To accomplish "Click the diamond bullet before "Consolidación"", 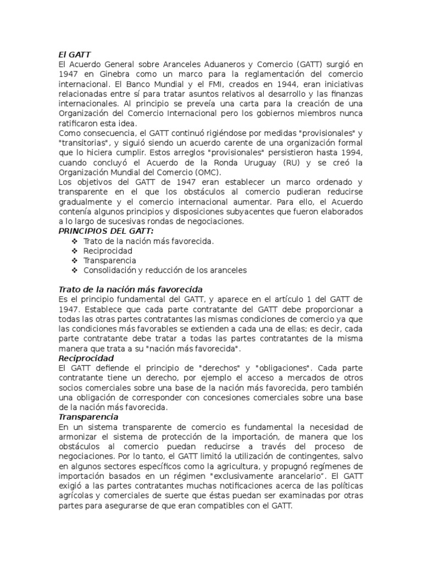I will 75,271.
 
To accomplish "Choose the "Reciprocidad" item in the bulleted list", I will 108,251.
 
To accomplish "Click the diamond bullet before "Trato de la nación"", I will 75,241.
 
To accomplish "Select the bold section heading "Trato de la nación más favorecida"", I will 130,289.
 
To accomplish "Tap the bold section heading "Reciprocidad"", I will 86,358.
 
